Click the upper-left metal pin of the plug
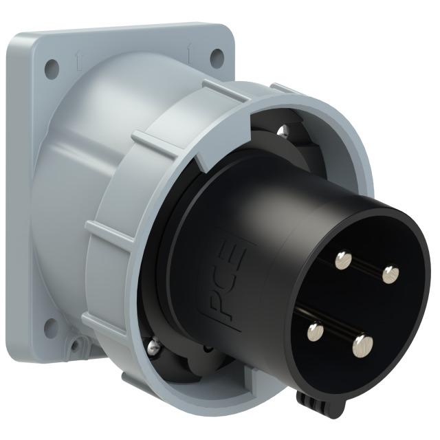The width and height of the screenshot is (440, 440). click(342, 259)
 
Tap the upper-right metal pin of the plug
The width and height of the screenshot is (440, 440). click(390, 275)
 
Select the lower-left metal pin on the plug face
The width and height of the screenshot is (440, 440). click(315, 333)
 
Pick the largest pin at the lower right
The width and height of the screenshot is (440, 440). click(363, 345)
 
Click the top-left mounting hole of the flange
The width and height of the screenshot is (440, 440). click(51, 67)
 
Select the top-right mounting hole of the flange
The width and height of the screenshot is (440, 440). click(216, 57)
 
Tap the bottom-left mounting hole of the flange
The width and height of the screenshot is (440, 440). click(50, 327)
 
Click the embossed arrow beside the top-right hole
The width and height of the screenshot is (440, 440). click(189, 49)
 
